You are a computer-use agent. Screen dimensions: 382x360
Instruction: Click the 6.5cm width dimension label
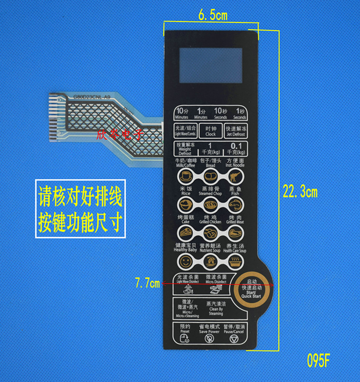213,15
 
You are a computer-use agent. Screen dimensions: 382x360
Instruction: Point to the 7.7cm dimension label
148,284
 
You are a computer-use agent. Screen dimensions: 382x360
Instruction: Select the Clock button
211,131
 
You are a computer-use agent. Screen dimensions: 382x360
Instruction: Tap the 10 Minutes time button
182,113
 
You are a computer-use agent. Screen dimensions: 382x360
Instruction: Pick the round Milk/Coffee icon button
185,177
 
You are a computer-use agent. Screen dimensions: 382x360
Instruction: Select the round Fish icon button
235,205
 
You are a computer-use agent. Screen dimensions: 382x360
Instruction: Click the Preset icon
185,339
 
